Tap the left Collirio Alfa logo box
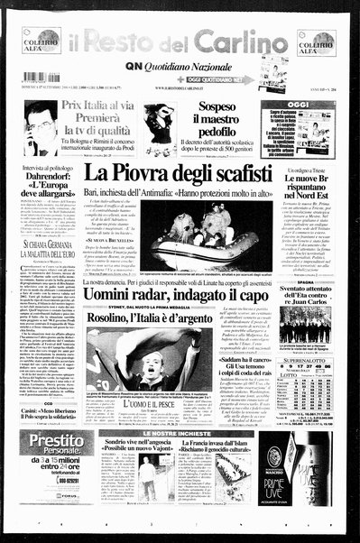pos(42,41)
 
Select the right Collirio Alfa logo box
pos(316,41)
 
